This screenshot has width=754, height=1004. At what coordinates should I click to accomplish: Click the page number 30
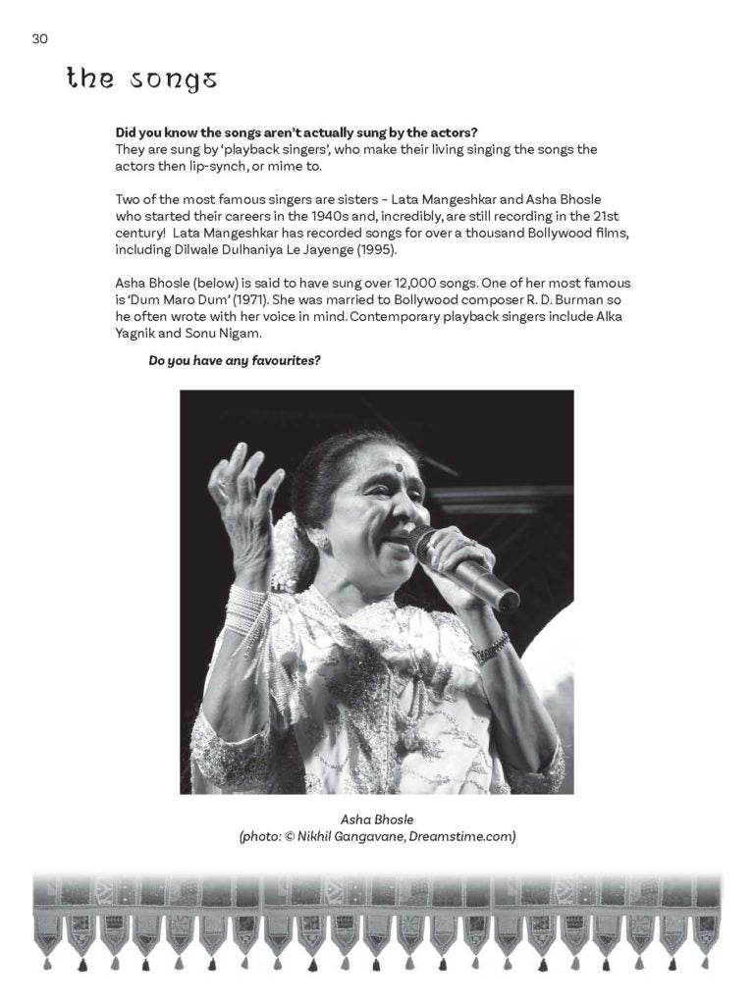(39, 38)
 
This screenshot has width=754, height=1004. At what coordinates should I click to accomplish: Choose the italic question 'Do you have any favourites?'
(235, 360)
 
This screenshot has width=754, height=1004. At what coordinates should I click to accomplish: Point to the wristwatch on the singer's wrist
(490, 647)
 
